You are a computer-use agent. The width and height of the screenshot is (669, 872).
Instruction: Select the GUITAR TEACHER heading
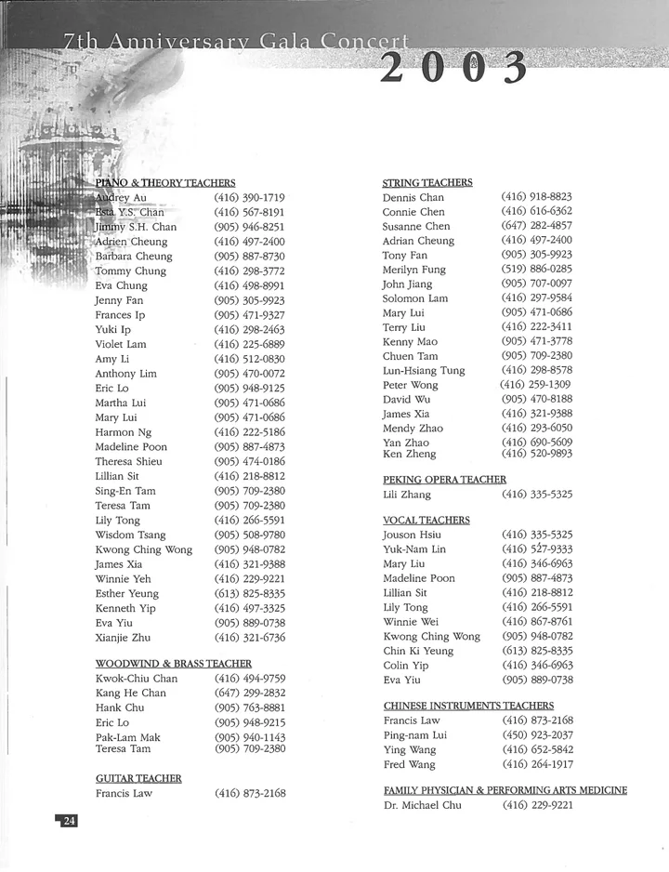(138, 778)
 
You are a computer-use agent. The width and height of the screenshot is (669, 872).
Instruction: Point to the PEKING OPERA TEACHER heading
(444, 480)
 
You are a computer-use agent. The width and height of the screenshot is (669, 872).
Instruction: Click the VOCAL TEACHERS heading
(426, 520)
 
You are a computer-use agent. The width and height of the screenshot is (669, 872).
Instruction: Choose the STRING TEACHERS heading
(427, 182)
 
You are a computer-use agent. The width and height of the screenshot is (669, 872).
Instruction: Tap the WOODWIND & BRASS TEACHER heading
(173, 663)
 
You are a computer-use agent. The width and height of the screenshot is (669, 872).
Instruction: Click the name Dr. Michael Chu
(422, 805)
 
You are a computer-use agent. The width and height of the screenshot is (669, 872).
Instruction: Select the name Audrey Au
(121, 198)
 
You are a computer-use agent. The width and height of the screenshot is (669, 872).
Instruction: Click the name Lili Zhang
(407, 495)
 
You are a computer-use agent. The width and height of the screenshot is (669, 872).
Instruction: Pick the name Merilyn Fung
(414, 270)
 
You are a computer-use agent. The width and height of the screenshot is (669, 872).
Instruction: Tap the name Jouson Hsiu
(412, 535)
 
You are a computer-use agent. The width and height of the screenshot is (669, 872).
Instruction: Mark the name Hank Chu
(120, 707)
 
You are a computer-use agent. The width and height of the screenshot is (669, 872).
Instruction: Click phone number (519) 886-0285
(536, 269)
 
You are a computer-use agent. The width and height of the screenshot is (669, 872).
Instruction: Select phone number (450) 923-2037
(537, 734)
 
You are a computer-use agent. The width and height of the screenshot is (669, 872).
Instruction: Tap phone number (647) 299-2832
(250, 693)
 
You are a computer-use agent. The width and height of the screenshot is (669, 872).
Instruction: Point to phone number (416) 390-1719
(249, 198)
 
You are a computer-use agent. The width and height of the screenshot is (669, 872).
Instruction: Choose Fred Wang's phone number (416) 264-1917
(537, 764)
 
